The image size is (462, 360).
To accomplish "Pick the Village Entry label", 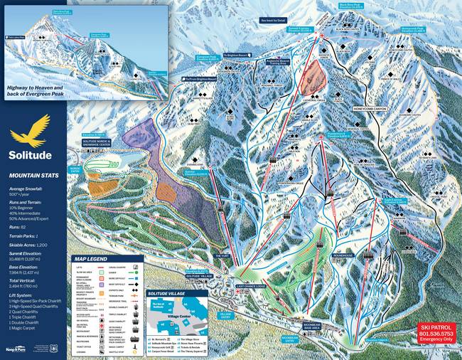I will coord(225,313).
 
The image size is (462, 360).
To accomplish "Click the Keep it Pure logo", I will coord(16,349).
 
